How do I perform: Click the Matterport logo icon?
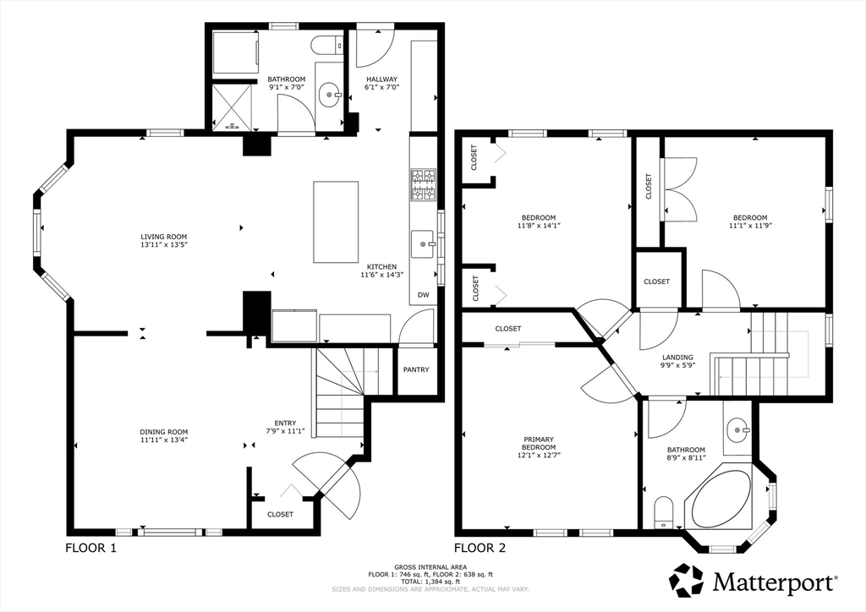pyautogui.click(x=686, y=580)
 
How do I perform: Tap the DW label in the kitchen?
pyautogui.click(x=423, y=295)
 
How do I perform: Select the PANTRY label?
pyautogui.click(x=416, y=369)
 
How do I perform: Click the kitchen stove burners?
pyautogui.click(x=423, y=185)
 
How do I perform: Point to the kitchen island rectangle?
pyautogui.click(x=336, y=221)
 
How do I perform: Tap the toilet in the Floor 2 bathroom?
pyautogui.click(x=663, y=512)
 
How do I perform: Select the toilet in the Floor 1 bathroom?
pyautogui.click(x=326, y=46)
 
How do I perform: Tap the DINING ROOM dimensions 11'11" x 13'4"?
pyautogui.click(x=164, y=440)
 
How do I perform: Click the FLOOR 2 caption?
pyautogui.click(x=480, y=548)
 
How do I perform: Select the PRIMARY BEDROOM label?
pyautogui.click(x=539, y=443)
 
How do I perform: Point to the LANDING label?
pyautogui.click(x=677, y=357)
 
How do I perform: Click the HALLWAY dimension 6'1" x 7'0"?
pyautogui.click(x=381, y=87)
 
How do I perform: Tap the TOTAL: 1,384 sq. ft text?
pyautogui.click(x=430, y=582)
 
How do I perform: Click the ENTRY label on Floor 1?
pyautogui.click(x=286, y=423)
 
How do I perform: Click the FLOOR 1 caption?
pyautogui.click(x=91, y=548)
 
